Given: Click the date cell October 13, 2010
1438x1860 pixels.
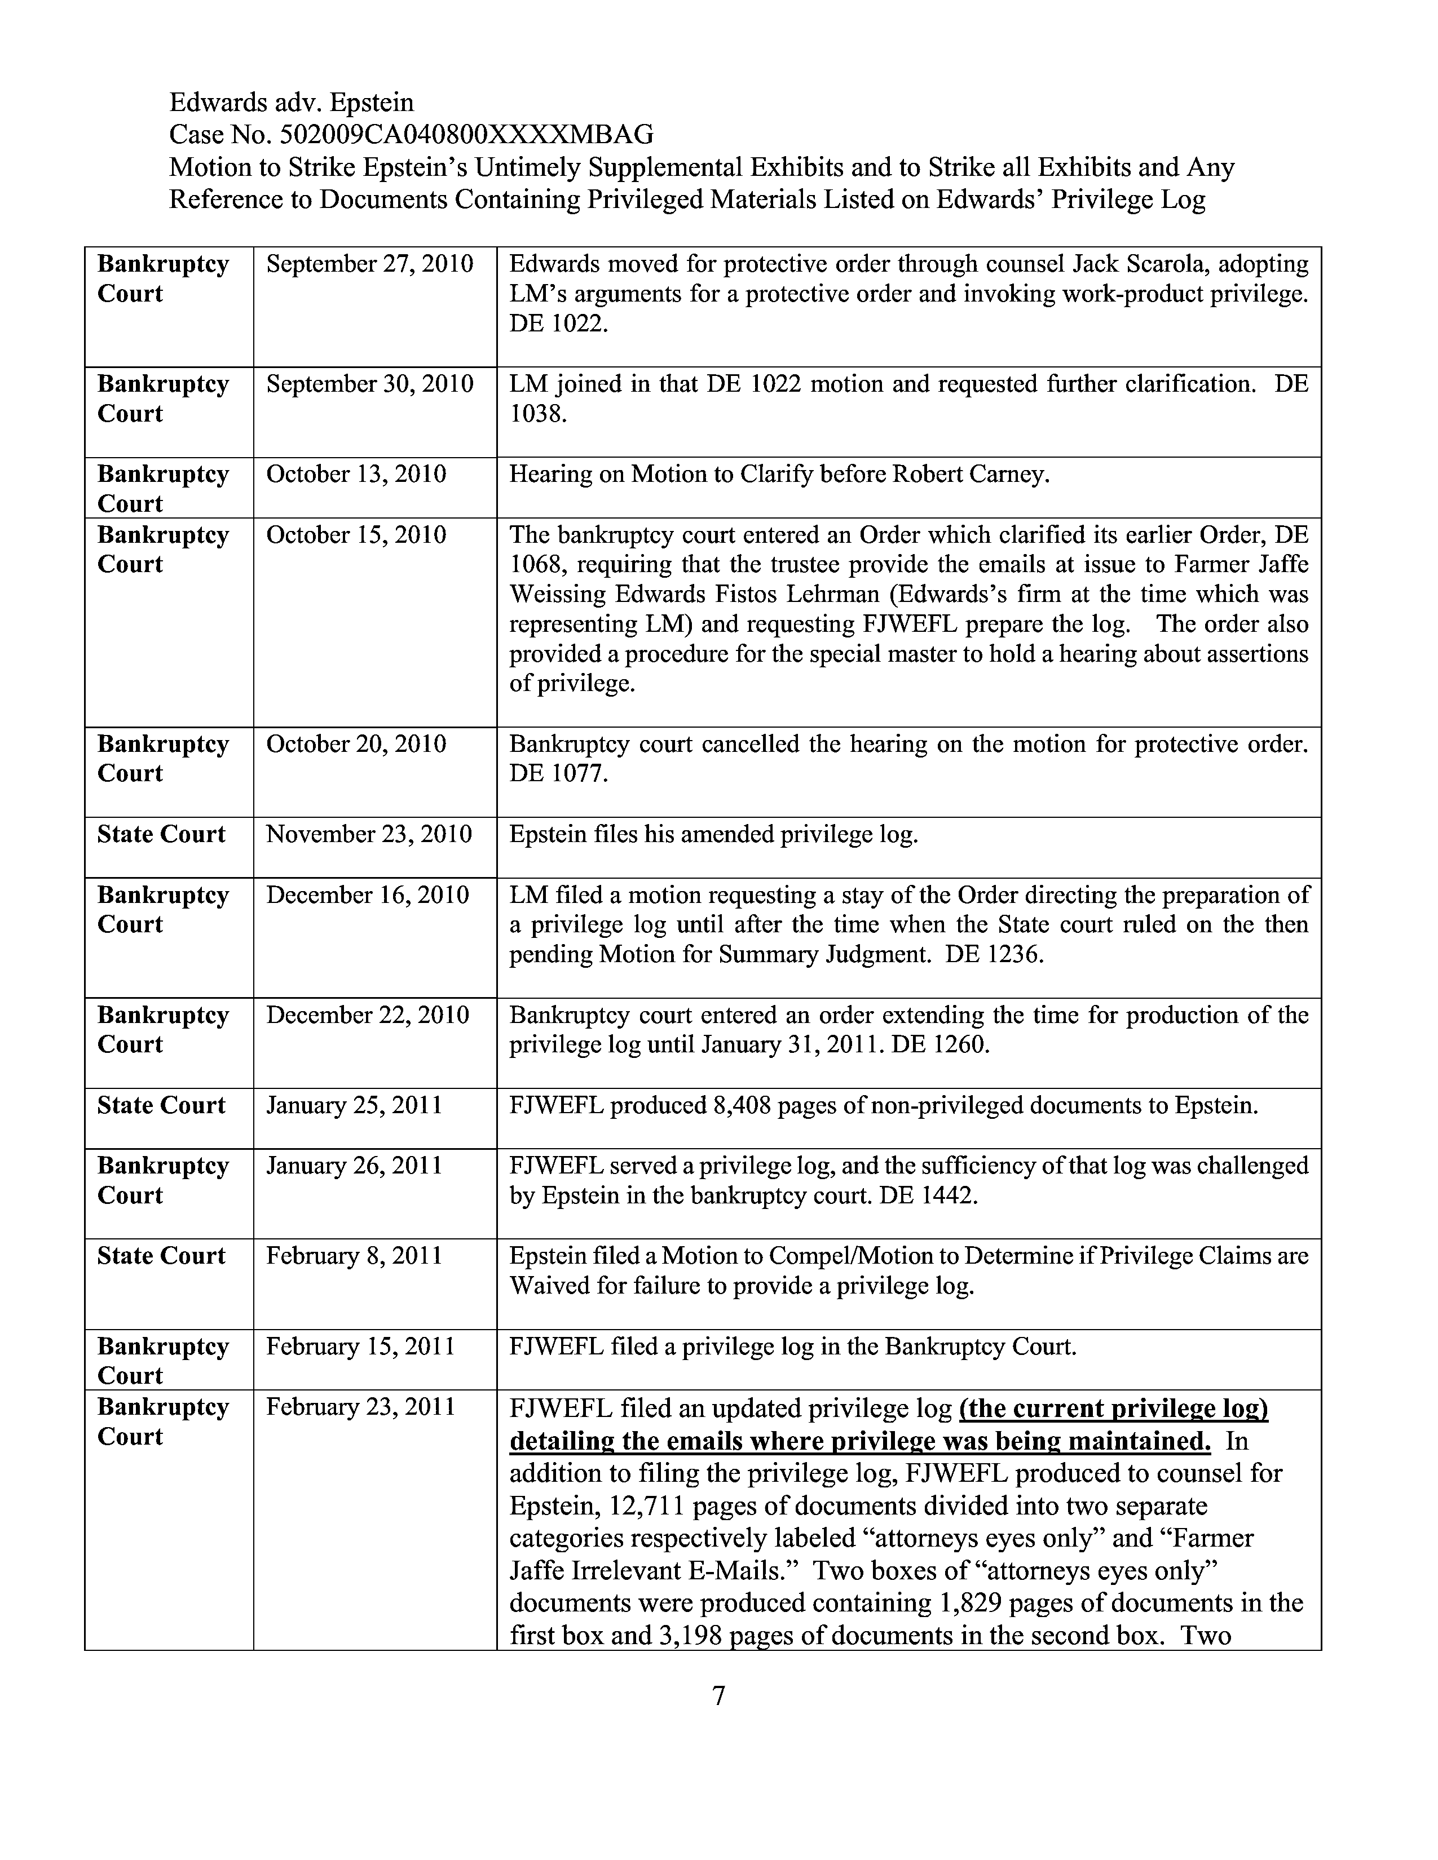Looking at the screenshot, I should point(356,475).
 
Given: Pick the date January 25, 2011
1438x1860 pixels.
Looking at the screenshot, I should point(354,1105).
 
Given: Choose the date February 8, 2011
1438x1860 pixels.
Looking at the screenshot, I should point(354,1256).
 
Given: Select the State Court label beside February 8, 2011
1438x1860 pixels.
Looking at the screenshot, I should point(161,1256).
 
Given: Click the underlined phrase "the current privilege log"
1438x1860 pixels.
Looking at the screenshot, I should point(1113,1409).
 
